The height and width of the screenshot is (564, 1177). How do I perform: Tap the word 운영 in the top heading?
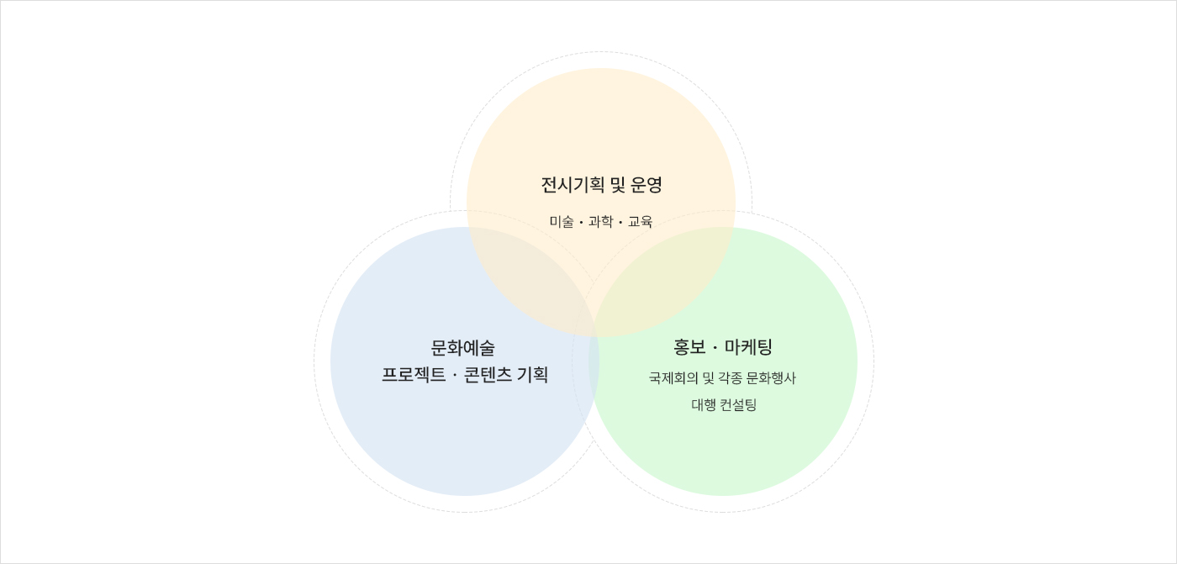(647, 185)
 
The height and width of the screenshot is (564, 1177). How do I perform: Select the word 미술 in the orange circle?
(562, 222)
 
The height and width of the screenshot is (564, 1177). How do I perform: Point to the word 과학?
(600, 222)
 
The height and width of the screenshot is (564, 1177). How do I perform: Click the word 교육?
(640, 222)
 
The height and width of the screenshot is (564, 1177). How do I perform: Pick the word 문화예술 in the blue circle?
(463, 348)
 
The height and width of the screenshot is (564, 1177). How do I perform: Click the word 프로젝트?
(414, 375)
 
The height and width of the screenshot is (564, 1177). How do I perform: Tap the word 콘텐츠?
(488, 375)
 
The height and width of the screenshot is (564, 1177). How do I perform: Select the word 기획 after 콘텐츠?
(533, 375)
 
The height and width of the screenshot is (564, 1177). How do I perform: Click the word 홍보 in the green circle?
(689, 347)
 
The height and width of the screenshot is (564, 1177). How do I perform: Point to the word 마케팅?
(749, 347)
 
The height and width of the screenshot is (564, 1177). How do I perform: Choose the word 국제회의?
(673, 378)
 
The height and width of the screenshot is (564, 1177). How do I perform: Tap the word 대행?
(704, 405)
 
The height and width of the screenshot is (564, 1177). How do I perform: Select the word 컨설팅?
(738, 405)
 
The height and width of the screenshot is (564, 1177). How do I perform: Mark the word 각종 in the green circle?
(729, 378)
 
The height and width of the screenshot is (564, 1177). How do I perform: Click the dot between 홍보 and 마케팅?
(715, 348)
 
